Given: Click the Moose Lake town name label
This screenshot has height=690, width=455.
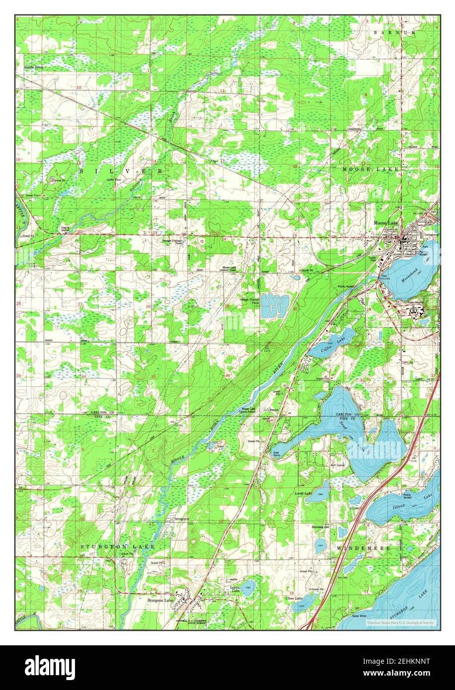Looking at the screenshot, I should (387, 223).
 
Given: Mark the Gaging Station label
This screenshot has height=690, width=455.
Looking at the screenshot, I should (65, 229).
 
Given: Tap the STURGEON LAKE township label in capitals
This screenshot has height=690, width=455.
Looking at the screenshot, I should (118, 547).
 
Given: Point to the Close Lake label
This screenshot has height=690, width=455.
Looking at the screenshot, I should (294, 599).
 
